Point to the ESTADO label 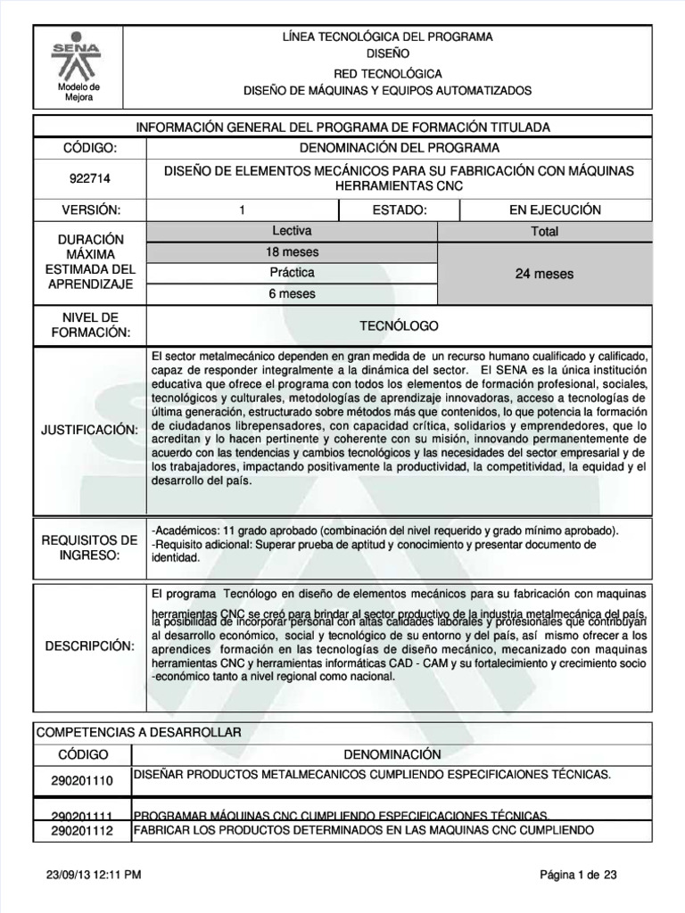pos(399,210)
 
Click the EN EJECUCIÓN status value pos(555,210)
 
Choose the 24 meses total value pos(544,274)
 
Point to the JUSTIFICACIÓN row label pos(89,431)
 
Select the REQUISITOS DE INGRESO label pos(89,548)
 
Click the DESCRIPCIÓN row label pos(89,645)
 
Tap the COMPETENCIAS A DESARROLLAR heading pos(138,732)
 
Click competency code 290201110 pos(82,781)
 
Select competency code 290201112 pos(82,831)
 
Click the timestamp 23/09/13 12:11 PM pos(93,876)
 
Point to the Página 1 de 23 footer pos(578,876)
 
